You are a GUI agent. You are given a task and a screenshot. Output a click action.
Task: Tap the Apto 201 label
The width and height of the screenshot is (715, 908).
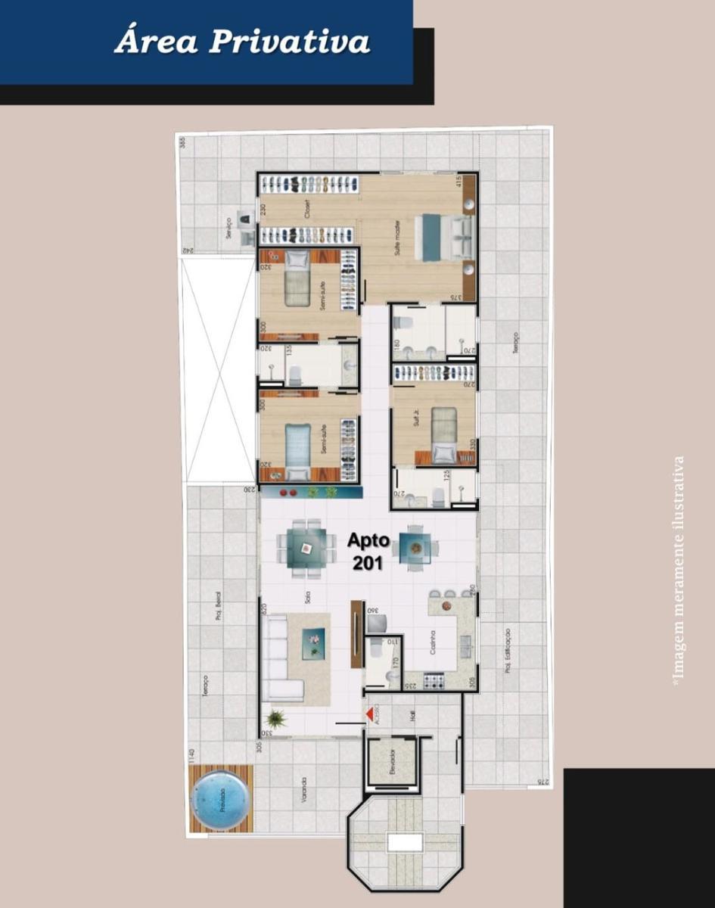pos(368,551)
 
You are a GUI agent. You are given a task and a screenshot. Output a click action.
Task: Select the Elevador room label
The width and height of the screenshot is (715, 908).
pos(391,763)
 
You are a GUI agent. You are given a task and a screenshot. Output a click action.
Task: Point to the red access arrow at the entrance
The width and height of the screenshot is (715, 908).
pos(370,714)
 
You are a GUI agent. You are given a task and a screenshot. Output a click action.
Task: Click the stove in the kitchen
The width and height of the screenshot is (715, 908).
pos(434,681)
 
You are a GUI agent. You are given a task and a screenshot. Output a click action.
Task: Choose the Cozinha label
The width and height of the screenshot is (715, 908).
pos(433,645)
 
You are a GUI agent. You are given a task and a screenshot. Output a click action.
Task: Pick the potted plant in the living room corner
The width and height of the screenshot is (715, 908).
pos(276,720)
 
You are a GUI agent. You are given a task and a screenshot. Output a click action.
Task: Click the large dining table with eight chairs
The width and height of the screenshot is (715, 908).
pos(306,548)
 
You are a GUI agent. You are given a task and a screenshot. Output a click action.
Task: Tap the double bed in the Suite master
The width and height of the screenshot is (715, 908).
pos(446,237)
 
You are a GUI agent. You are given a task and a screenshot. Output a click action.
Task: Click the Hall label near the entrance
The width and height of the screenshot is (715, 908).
pos(413,716)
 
